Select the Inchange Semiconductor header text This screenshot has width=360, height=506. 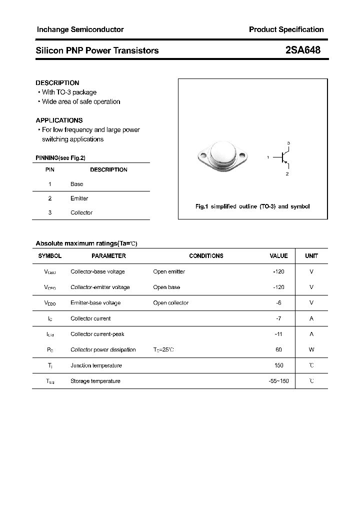click(80, 29)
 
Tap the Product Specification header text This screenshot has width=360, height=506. click(286, 29)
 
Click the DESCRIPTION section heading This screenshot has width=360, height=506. click(57, 82)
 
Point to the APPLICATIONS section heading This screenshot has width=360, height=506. click(59, 120)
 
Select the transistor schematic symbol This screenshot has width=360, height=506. click(284, 158)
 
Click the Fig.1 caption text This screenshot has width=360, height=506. click(252, 206)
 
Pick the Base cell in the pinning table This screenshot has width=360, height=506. click(77, 184)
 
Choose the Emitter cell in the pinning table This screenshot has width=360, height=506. click(79, 198)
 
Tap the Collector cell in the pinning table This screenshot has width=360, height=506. click(81, 212)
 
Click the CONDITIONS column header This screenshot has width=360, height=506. click(206, 255)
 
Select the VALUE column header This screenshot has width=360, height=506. click(278, 255)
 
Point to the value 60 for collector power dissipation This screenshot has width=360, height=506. click(278, 349)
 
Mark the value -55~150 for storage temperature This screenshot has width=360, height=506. click(278, 381)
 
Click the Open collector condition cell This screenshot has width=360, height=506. click(171, 302)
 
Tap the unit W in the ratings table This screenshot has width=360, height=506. click(311, 349)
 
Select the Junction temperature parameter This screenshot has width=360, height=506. click(96, 365)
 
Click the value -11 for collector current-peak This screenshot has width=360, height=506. click(278, 334)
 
